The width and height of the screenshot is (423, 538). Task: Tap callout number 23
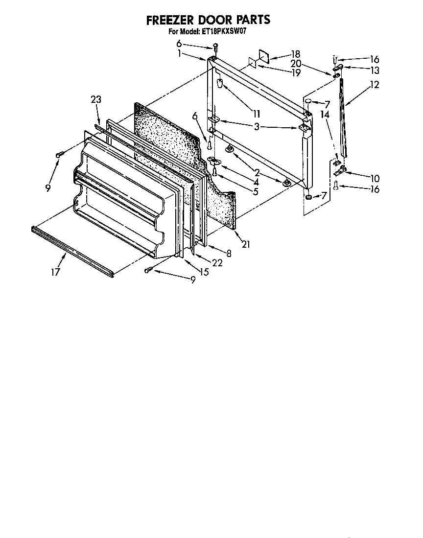coord(95,99)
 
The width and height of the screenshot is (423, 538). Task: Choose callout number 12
coord(375,85)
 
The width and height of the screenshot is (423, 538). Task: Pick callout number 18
coord(295,54)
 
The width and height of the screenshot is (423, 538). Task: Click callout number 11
coord(256,114)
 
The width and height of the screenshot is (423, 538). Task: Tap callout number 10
coord(375,178)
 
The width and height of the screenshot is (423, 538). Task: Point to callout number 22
coord(217,262)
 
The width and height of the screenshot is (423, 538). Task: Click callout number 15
coord(204,271)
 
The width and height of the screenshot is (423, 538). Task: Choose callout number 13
coord(375,70)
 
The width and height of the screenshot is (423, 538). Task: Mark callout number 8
coord(228,253)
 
